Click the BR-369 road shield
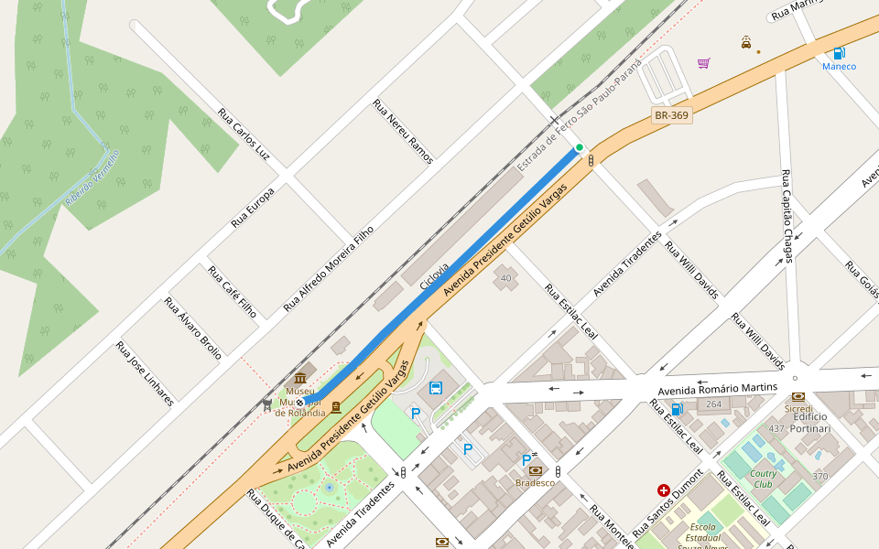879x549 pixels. (x=671, y=115)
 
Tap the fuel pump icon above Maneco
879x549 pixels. (x=839, y=52)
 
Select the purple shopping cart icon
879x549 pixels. (x=703, y=63)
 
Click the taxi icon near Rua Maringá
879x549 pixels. (x=747, y=42)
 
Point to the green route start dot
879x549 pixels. (x=579, y=147)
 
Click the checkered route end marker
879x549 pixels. (x=299, y=402)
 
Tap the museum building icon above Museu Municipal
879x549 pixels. (x=300, y=379)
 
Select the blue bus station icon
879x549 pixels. (x=436, y=388)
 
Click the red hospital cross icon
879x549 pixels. (x=663, y=490)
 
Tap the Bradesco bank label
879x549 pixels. (x=535, y=482)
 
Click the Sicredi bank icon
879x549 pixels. (x=798, y=396)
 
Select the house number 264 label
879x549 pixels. (x=713, y=404)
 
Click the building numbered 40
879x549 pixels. (x=505, y=277)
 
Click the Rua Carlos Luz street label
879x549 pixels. (x=244, y=134)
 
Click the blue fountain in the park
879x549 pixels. (x=329, y=487)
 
